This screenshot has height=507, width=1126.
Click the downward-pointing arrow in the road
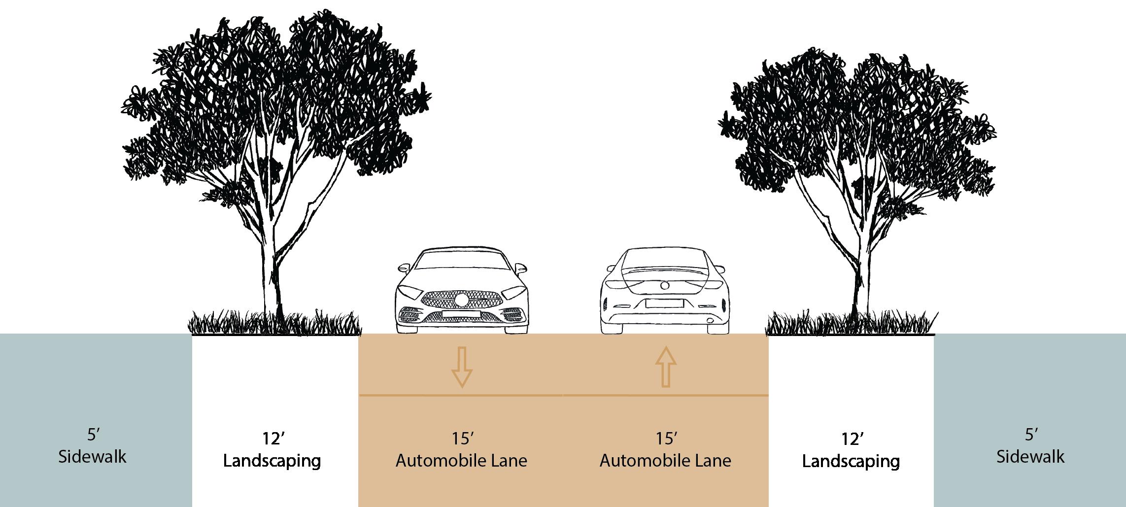(x=462, y=367)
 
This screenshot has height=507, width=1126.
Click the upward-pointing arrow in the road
(x=665, y=367)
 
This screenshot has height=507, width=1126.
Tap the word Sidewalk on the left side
(x=92, y=457)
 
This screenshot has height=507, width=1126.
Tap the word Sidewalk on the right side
(x=1030, y=457)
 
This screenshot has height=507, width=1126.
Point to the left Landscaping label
(x=272, y=461)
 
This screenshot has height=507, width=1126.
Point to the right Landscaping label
(x=851, y=461)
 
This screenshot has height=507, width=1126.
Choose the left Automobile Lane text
(x=461, y=461)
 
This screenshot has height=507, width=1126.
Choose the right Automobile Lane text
(x=665, y=461)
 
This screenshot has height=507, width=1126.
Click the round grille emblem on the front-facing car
(x=462, y=299)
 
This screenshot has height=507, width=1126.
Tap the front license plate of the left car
(x=461, y=314)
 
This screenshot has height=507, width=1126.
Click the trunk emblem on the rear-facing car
(x=665, y=286)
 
